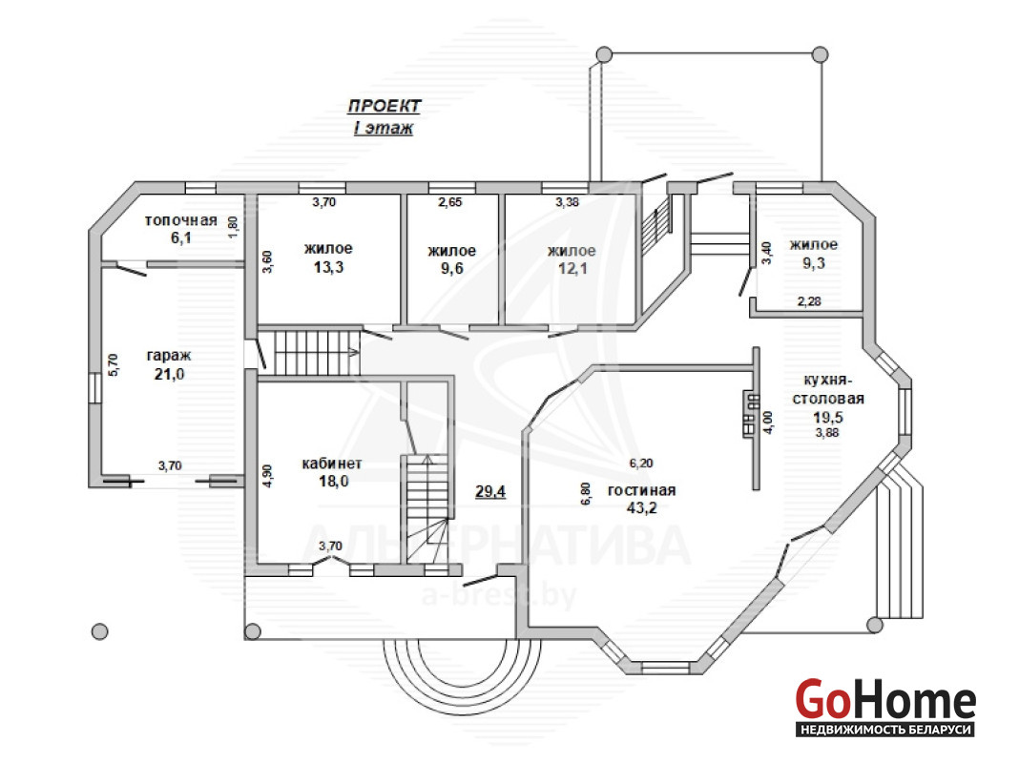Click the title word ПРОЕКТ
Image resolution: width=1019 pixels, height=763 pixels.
pos(385,106)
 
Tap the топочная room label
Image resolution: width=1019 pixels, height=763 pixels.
pos(180,220)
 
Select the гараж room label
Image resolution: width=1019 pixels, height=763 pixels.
pos(169,356)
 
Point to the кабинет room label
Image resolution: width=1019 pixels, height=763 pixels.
pos(332,464)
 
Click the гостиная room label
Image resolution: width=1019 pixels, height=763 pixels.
pos(641,490)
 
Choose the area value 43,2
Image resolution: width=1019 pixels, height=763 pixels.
pos(641,507)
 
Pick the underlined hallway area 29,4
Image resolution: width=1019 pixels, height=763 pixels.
pos(490,491)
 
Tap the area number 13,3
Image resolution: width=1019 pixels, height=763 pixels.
pos(329,268)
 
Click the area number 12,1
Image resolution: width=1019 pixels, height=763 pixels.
pos(572,268)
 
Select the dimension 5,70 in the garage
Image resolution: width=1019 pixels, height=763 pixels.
pos(114,365)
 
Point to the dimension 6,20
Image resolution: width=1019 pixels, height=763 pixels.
pos(641,463)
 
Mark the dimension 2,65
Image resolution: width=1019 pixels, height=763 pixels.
pos(449,202)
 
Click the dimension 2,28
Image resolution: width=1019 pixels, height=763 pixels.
pos(809,301)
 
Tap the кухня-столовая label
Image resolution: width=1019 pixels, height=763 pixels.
pos(828,389)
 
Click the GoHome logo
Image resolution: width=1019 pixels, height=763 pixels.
pos(885,707)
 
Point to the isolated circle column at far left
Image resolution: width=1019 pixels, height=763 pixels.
pos(99,631)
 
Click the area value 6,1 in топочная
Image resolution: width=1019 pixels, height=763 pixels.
pos(181,238)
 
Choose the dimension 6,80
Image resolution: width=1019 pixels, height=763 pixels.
pos(586,493)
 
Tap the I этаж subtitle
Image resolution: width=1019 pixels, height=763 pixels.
pos(384,128)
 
